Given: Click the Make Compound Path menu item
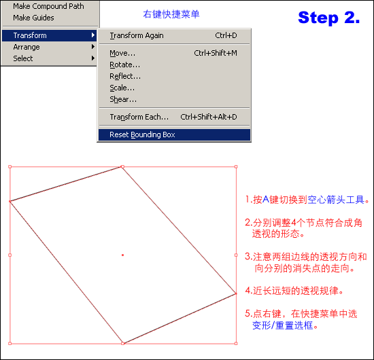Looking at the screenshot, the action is coord(48,6).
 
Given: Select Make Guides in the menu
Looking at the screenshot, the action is coord(33,18).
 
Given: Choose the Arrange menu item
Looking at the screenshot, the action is coord(27,47).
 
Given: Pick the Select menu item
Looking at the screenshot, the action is coord(23,58).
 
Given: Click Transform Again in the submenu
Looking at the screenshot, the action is coord(137,35).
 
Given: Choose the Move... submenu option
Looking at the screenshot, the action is coord(122,53).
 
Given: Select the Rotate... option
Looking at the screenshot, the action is coord(124,65).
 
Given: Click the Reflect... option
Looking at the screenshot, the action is coord(125,76).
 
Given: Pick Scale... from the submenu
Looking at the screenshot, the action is coord(122,88).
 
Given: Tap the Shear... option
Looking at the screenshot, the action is coord(123,99).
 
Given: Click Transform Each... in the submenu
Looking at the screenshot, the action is coord(139,117).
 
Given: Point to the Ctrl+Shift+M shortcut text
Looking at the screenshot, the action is coord(216,53).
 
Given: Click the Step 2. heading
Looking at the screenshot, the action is coord(329,18).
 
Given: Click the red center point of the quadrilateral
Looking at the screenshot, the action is coord(122,255).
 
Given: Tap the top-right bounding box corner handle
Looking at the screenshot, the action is coord(236,167).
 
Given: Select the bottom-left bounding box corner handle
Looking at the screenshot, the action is coord(10,343).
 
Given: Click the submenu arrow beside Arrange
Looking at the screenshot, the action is coord(93,47).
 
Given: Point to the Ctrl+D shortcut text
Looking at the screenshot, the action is coord(226,35).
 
